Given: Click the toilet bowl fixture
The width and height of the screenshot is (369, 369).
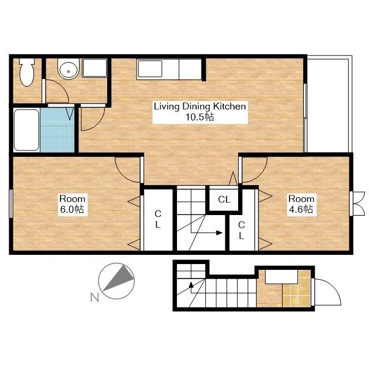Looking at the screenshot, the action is point(27,71).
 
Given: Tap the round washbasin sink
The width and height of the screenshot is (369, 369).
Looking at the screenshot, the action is point(69,69).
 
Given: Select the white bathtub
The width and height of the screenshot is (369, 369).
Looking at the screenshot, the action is point(27,130).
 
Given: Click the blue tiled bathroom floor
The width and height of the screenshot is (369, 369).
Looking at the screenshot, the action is point(57,130).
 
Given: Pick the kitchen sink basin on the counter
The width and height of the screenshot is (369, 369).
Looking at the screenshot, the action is point(150,69).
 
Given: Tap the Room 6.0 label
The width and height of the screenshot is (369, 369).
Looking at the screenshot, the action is point(72,204).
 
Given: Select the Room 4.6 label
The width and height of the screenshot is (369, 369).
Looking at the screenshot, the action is point(301,204).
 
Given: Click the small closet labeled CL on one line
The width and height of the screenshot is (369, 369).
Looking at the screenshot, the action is point(224,199).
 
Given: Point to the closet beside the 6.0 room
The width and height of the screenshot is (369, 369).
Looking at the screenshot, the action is point(158,220).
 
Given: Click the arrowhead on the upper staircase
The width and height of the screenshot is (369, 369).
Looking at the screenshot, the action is point(219,233).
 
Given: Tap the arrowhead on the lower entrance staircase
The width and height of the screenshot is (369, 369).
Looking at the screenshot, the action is point(191,285).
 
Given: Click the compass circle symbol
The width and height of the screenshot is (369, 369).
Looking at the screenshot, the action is point(116,281).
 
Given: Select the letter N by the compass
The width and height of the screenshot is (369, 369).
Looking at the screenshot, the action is point(95,298).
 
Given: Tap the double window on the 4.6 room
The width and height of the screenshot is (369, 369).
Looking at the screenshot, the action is point(357,204).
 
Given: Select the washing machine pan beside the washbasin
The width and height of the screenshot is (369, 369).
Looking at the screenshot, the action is point(95,68).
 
